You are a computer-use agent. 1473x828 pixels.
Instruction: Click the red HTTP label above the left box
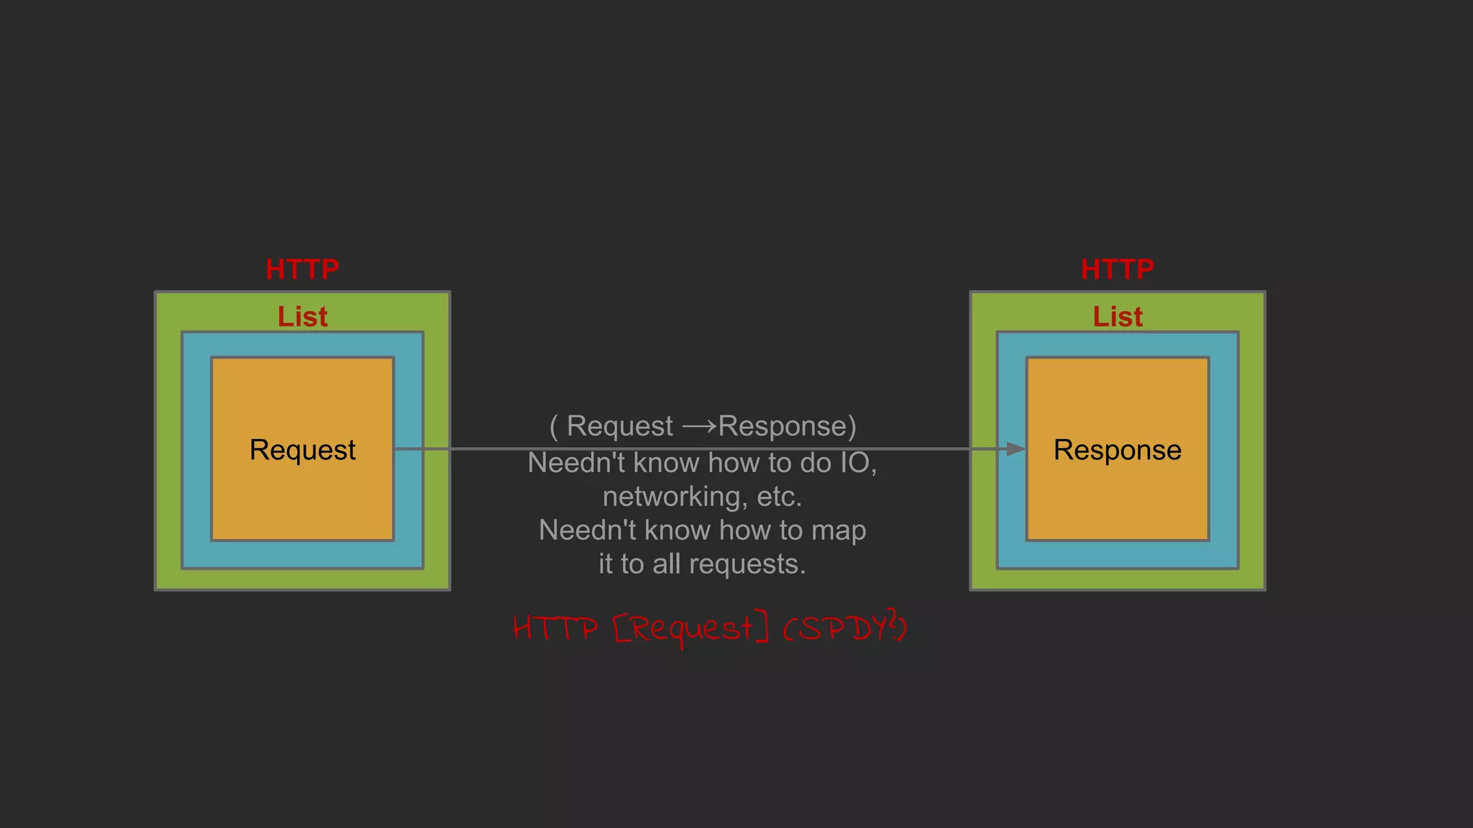click(x=302, y=270)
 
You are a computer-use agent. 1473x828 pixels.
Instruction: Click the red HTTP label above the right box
click(x=1117, y=270)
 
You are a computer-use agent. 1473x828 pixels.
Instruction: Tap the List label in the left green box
click(x=302, y=317)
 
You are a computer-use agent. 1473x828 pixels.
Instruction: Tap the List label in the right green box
click(x=1117, y=317)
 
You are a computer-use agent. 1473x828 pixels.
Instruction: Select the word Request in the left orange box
click(x=302, y=450)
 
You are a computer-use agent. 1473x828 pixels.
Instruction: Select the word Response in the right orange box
click(x=1117, y=450)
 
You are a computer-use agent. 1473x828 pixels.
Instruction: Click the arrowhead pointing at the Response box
click(x=1015, y=449)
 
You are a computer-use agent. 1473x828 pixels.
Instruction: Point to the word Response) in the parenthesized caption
click(x=787, y=426)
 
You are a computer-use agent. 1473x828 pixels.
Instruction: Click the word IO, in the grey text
click(x=859, y=463)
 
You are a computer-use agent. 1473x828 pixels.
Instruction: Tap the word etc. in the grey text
click(x=779, y=497)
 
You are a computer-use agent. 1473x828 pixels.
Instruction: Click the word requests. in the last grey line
click(x=747, y=564)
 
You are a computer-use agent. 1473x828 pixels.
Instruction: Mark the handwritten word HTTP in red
click(x=555, y=628)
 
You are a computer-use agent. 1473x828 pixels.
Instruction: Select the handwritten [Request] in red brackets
click(x=691, y=628)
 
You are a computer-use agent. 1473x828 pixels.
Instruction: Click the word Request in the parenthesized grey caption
click(x=619, y=426)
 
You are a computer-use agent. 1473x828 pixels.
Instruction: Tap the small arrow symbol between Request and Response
click(x=699, y=426)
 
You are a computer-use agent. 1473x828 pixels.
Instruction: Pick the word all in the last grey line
click(x=667, y=564)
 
